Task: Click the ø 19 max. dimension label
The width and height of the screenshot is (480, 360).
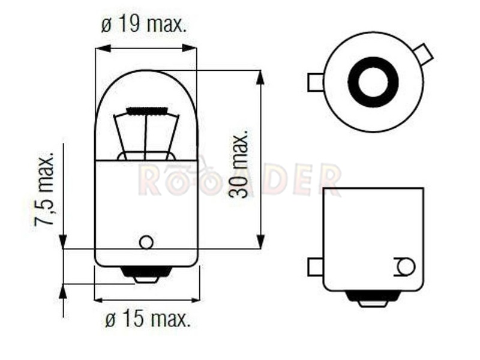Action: click(x=143, y=24)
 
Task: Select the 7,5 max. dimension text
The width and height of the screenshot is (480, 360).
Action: click(x=44, y=189)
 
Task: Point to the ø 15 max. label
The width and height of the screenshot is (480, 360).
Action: click(x=148, y=319)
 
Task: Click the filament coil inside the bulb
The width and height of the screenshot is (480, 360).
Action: click(x=147, y=111)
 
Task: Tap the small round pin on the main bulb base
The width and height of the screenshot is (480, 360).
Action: click(x=146, y=242)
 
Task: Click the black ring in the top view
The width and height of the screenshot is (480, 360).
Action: click(x=373, y=82)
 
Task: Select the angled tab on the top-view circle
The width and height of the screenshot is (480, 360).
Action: click(x=424, y=55)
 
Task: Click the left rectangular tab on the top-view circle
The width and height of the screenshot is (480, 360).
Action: click(x=316, y=82)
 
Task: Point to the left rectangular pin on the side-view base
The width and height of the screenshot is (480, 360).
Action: click(x=316, y=267)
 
